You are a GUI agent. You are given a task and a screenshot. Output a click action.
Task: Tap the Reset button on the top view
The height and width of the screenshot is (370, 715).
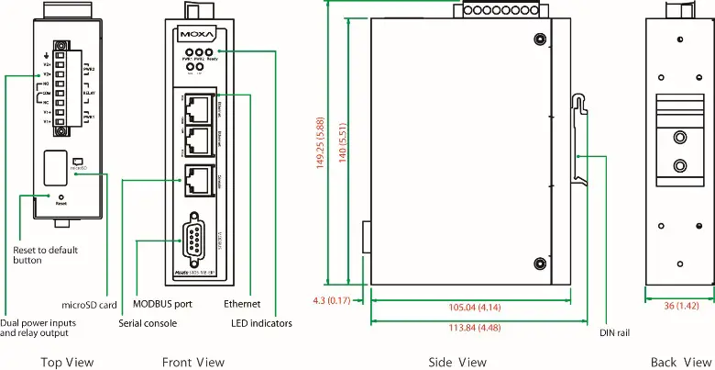pyautogui.click(x=60, y=196)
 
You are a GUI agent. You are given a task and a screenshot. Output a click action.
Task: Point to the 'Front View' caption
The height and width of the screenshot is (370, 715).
pyautogui.click(x=192, y=363)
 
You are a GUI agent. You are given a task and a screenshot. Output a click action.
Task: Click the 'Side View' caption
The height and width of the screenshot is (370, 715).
pyautogui.click(x=458, y=363)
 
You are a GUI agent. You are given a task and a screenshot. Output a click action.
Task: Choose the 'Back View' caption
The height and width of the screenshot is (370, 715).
pyautogui.click(x=677, y=363)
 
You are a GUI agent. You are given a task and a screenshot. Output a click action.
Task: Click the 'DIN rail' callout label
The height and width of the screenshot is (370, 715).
pyautogui.click(x=618, y=333)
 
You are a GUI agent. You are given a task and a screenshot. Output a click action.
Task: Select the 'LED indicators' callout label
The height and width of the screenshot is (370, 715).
pyautogui.click(x=263, y=323)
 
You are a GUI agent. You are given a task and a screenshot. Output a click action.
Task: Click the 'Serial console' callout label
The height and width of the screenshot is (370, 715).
pyautogui.click(x=148, y=323)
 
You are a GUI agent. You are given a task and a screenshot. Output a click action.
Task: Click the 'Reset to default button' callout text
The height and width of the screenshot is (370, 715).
pyautogui.click(x=45, y=255)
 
